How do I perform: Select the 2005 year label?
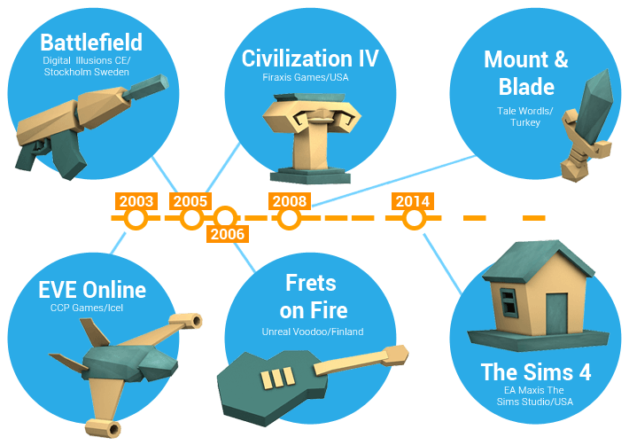190,201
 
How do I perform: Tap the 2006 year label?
227,234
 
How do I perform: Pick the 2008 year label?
290,201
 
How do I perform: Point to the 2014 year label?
413,201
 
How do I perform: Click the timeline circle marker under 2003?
135,218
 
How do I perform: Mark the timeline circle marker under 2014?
412,218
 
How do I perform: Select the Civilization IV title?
310,59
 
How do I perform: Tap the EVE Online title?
92,290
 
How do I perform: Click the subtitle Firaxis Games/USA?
310,78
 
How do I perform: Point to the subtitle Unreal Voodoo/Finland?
313,332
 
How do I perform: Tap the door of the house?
556,310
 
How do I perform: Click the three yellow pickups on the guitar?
275,377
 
